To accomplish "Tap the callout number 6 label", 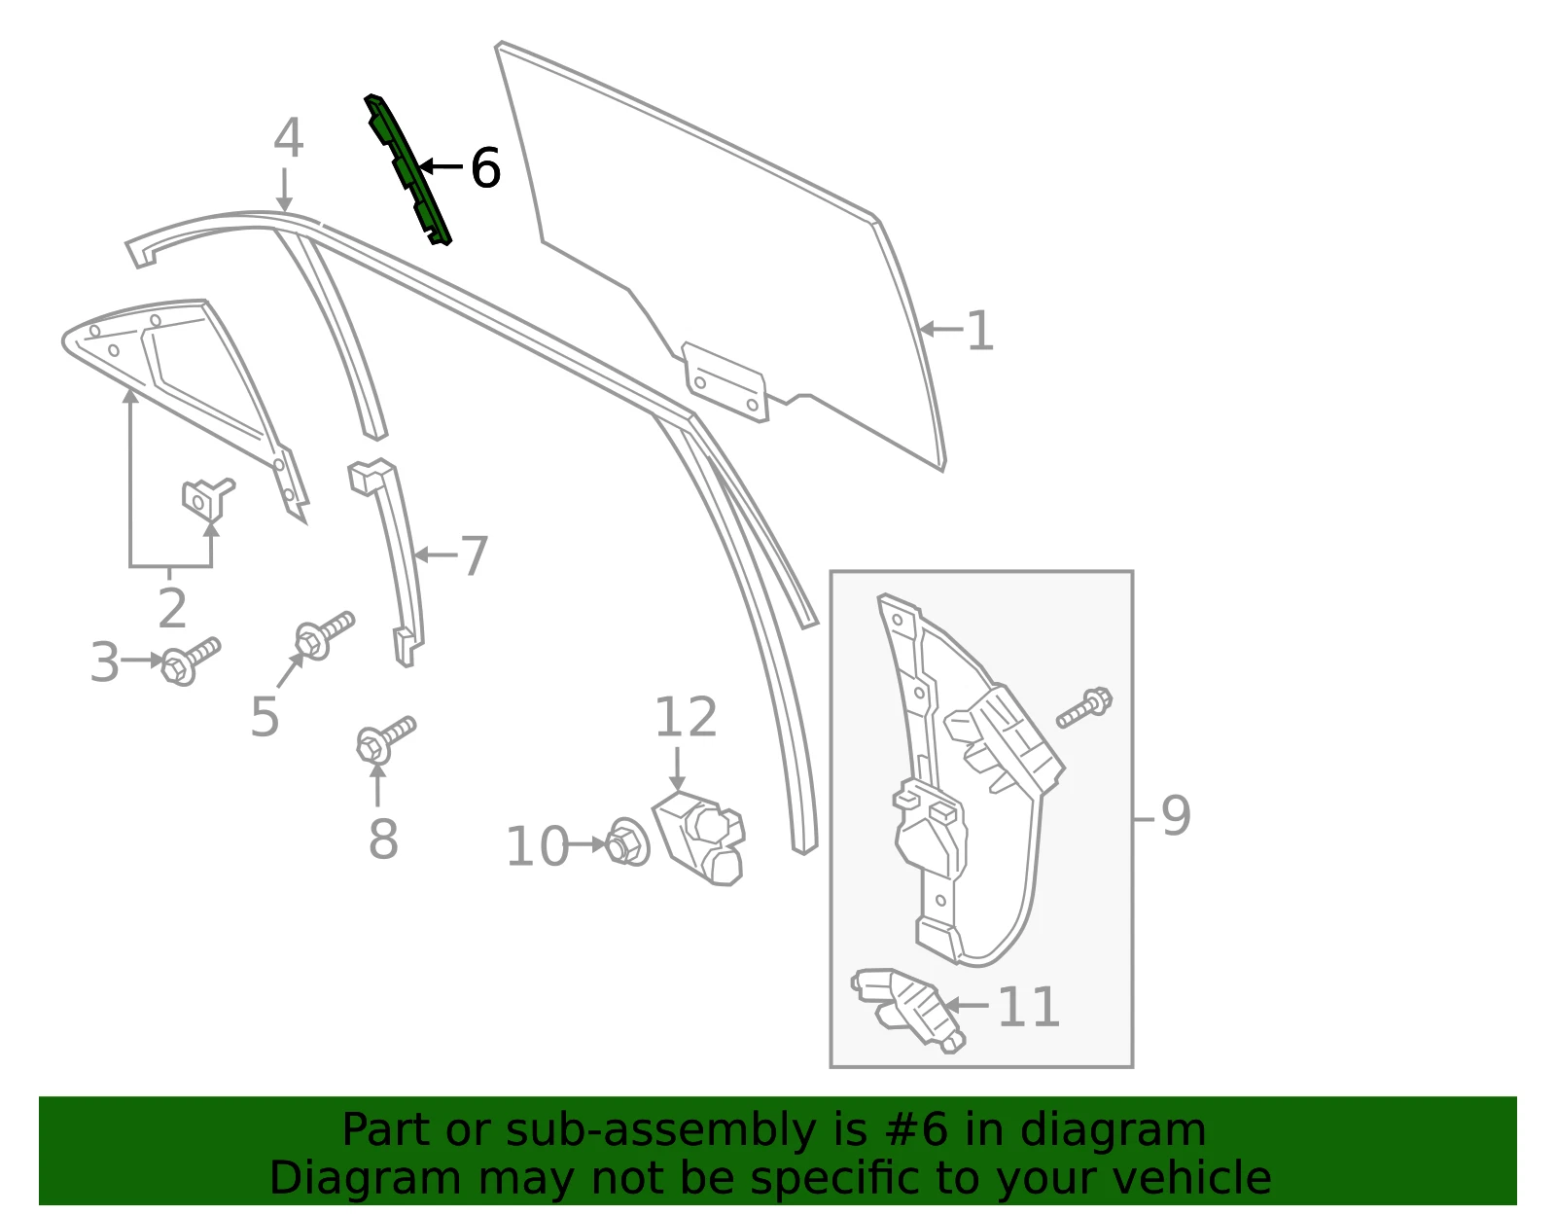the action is point(485,168).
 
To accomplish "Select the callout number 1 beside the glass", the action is point(979,331).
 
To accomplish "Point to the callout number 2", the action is point(172,608).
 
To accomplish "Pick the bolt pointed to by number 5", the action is point(325,635).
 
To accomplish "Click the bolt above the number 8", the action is point(385,739).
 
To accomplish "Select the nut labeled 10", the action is point(627,842).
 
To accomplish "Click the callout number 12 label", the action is point(686,716).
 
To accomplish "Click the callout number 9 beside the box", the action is point(1175,815).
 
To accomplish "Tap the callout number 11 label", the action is point(1028,1007).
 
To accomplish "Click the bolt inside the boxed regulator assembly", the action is point(1084,707).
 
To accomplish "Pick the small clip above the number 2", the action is point(208,498).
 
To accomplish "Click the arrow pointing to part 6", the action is point(442,166).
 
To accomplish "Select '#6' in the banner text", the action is point(916,1129).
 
